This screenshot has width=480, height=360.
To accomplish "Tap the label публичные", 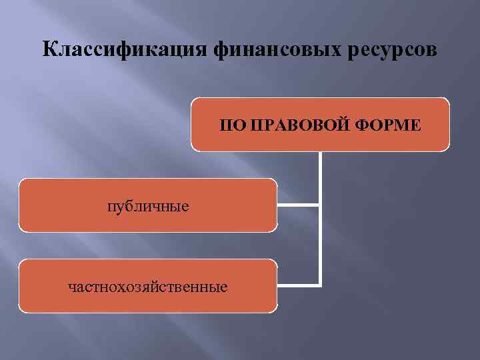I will click(x=148, y=206).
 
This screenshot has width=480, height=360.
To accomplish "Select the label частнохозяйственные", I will click(x=148, y=287).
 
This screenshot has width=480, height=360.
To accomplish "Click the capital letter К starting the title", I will click(x=49, y=50).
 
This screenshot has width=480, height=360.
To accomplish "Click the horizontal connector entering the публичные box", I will click(x=298, y=205).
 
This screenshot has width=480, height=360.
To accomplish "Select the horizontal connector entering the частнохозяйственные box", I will click(x=298, y=285).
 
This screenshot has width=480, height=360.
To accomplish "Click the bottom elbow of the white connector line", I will click(x=320, y=285).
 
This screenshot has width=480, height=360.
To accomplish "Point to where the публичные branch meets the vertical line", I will click(x=320, y=205).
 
